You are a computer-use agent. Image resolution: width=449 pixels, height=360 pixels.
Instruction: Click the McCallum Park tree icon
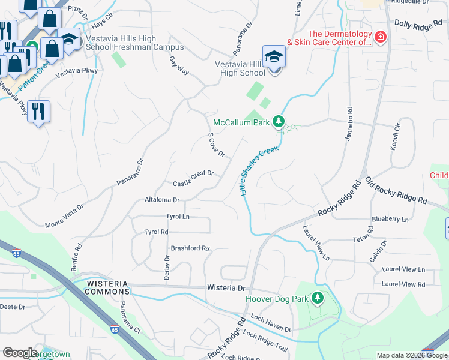278,122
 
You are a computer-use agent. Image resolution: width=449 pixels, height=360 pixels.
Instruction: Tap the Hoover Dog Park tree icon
317,298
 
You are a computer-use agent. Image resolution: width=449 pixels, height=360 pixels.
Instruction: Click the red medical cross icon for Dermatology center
379,38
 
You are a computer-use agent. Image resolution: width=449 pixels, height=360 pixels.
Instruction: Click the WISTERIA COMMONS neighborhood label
107,287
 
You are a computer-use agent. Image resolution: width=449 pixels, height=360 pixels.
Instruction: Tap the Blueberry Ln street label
390,219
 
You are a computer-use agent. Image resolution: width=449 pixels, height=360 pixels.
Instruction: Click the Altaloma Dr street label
162,199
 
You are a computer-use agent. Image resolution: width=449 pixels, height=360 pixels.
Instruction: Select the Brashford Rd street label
190,248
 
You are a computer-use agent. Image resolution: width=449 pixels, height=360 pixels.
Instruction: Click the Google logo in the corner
20,353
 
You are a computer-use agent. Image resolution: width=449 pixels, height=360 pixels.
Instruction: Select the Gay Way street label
179,66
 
